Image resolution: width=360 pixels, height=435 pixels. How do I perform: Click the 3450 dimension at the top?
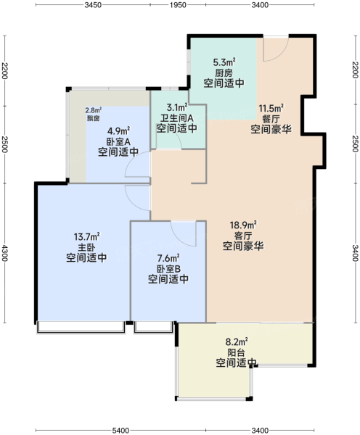(93, 5)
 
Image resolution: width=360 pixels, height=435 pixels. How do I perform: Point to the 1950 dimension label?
(178, 5)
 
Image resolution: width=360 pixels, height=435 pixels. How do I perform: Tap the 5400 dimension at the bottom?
(120, 430)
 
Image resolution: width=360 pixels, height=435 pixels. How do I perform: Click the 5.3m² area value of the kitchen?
(224, 62)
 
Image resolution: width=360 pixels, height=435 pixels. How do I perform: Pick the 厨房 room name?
(224, 73)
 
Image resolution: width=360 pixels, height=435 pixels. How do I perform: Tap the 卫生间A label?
(177, 118)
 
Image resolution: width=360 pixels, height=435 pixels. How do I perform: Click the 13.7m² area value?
(86, 237)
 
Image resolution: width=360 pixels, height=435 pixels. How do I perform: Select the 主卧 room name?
(86, 247)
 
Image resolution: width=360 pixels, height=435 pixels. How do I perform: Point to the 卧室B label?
(168, 268)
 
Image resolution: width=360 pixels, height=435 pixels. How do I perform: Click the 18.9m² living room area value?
(243, 225)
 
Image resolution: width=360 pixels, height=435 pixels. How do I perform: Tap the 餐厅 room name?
(271, 119)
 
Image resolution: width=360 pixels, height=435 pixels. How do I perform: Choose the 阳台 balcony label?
(236, 352)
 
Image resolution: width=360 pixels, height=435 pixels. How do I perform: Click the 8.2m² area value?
(237, 341)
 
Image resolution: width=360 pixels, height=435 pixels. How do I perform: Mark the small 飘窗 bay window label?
(93, 119)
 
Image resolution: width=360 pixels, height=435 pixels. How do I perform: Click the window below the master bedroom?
(81, 328)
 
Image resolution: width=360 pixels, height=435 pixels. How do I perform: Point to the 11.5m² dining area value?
(271, 108)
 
